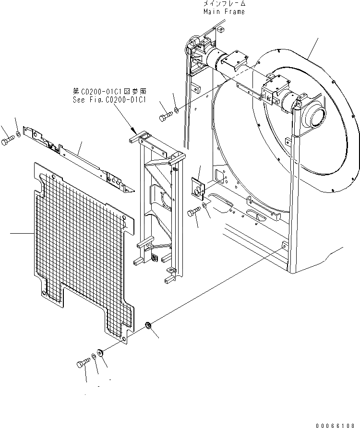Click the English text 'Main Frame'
(x=223, y=12)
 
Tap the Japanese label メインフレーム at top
(x=223, y=4)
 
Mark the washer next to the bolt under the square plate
(x=205, y=205)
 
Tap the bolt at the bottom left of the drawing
(x=81, y=363)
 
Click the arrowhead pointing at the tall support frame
(x=134, y=130)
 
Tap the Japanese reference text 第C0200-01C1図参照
(x=109, y=91)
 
